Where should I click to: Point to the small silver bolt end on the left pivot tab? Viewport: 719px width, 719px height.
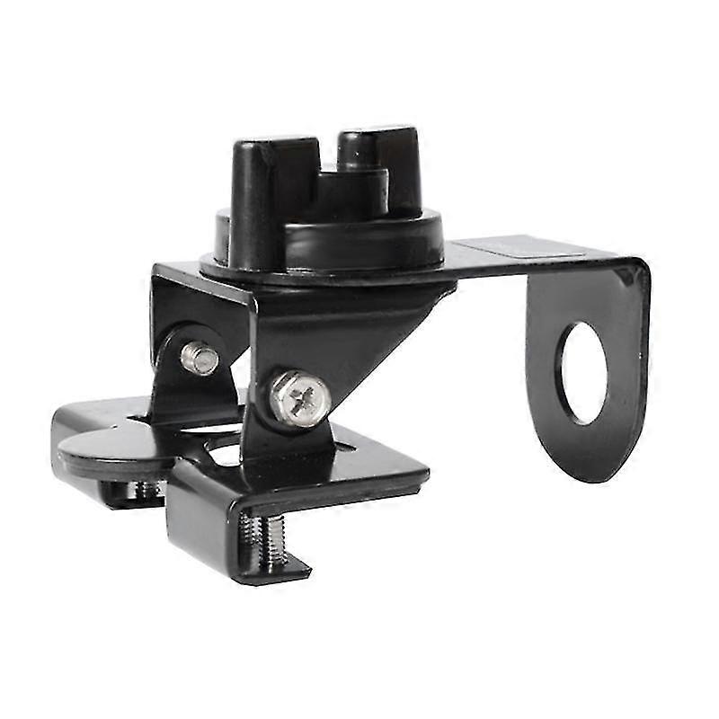pos(200,358)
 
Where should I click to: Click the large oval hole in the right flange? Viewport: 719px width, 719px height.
pos(582,372)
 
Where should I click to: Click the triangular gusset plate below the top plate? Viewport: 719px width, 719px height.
pos(359,333)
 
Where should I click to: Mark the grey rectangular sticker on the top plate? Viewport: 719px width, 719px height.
pos(503,250)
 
